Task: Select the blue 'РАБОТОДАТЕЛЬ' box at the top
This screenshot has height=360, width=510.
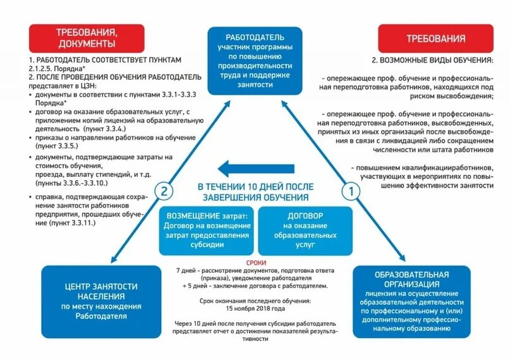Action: click(x=255, y=61)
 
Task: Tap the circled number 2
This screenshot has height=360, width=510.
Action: click(x=163, y=189)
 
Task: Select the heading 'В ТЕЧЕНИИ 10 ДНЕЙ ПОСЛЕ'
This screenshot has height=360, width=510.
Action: click(x=255, y=188)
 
